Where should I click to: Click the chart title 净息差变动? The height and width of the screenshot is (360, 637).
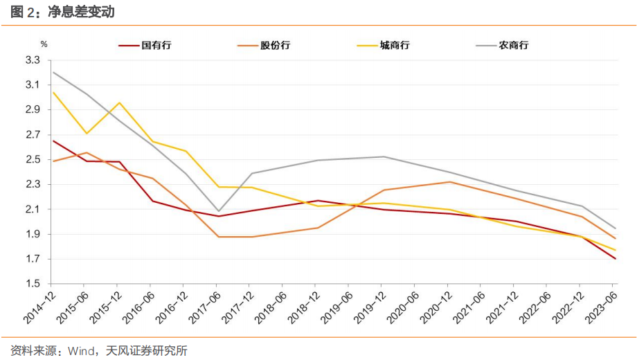[x=80, y=12]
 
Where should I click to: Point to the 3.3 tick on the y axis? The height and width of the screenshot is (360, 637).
[x=33, y=60]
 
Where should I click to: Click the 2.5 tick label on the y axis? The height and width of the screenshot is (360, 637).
[x=33, y=160]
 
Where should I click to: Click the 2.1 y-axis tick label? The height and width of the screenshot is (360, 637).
[x=33, y=210]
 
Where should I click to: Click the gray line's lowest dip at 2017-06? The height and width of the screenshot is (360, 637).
[x=219, y=211]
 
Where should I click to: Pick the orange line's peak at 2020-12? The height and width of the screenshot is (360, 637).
[x=449, y=182]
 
